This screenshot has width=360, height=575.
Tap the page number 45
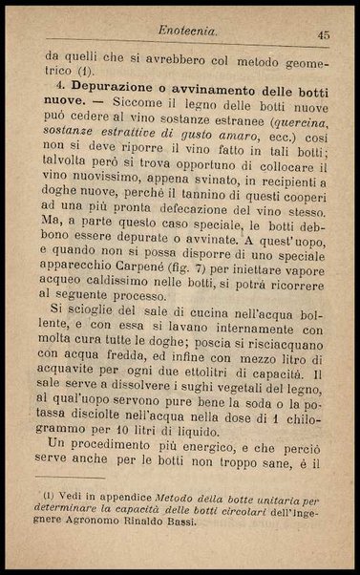click(x=323, y=35)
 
